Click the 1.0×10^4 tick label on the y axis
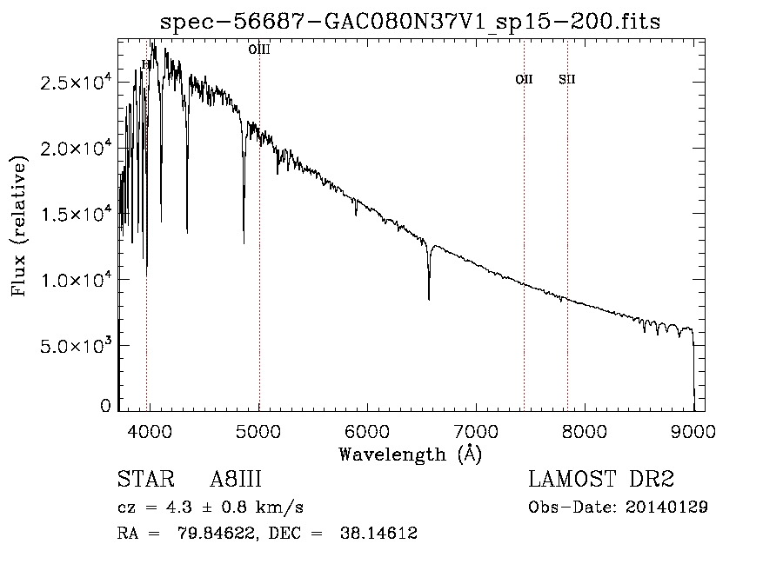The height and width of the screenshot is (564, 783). pos(75,280)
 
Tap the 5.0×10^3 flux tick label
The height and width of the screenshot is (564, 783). pos(75,345)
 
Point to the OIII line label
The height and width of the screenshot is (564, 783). pos(259,50)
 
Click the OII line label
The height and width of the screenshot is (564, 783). pos(524,80)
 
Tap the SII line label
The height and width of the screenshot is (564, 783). pos(567,80)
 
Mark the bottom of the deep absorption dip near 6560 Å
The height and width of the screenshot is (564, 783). pos(429,299)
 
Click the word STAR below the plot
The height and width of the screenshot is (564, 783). pos(144,480)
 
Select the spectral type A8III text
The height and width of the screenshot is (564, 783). pos(236,480)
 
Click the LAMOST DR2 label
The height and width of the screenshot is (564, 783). pos(601,480)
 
